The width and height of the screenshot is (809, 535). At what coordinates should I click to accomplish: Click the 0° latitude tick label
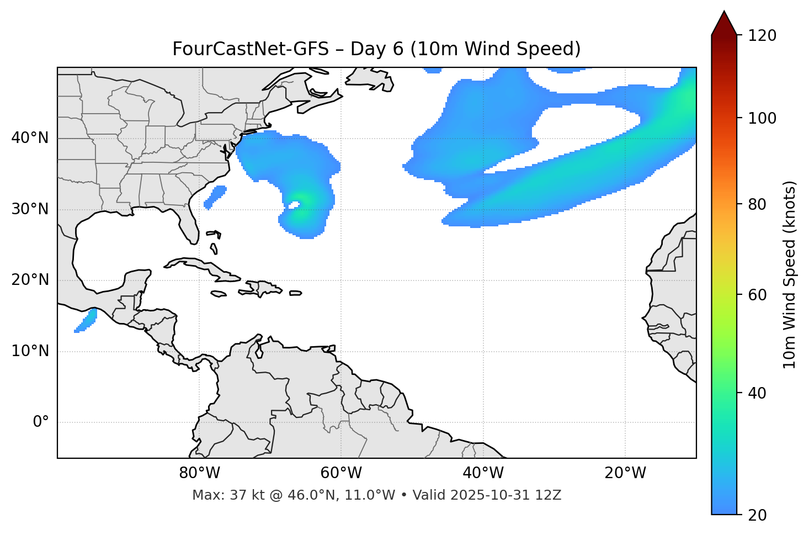click(41, 422)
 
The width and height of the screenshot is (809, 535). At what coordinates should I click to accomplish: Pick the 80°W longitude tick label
click(199, 473)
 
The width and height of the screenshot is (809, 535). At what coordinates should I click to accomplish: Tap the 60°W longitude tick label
click(341, 473)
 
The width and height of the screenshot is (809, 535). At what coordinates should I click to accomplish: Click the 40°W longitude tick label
click(483, 473)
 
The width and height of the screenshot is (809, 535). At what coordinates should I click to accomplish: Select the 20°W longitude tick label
click(625, 473)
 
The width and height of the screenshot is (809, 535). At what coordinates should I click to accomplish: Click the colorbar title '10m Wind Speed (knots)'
click(790, 274)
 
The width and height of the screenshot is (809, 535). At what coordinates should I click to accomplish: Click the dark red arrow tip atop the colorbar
click(724, 22)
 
